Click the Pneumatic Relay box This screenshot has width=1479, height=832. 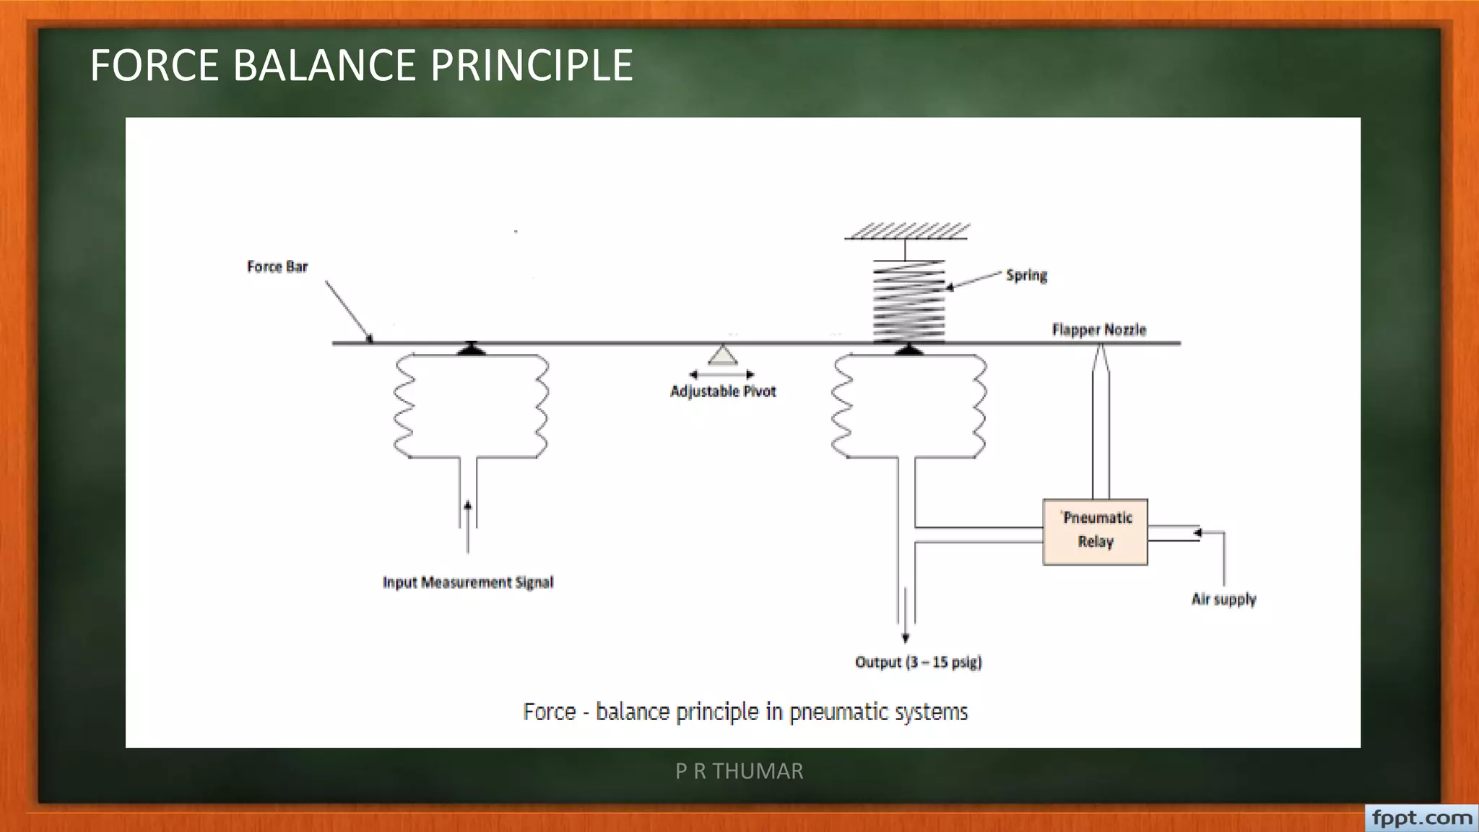1095,532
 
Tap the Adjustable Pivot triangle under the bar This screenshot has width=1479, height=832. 722,355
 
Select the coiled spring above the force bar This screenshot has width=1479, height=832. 908,300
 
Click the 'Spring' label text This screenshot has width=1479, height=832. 1026,275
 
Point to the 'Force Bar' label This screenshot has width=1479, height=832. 277,266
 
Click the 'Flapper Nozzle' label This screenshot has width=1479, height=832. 1098,329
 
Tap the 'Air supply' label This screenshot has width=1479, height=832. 1223,599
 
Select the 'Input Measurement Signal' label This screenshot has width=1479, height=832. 468,582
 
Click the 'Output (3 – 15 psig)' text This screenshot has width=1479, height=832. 918,662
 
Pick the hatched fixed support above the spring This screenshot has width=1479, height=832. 907,231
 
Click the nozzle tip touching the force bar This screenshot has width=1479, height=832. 1100,350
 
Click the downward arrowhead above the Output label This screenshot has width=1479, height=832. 906,638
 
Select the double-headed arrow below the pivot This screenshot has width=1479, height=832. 721,374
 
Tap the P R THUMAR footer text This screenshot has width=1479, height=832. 739,771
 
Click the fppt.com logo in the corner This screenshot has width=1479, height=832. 1421,818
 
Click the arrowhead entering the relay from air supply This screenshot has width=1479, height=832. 1197,533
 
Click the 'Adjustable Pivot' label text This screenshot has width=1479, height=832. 723,391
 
